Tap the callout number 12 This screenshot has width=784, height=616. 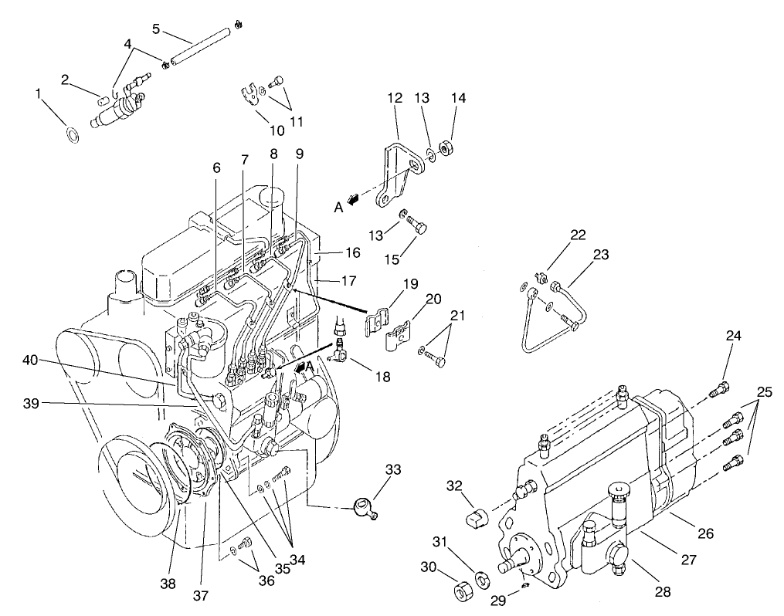click(395, 98)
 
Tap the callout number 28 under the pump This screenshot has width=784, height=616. click(662, 592)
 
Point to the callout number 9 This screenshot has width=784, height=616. click(300, 153)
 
